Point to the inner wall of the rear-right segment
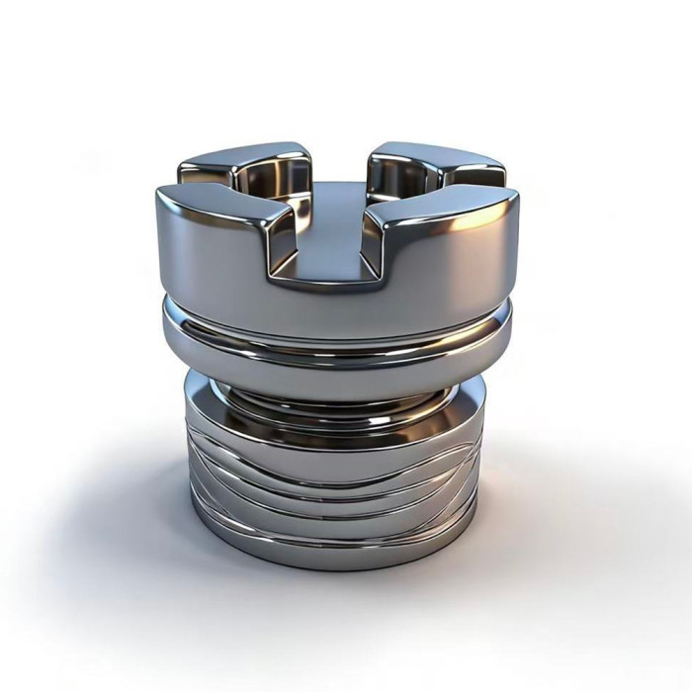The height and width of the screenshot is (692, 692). pyautogui.click(x=395, y=178)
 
